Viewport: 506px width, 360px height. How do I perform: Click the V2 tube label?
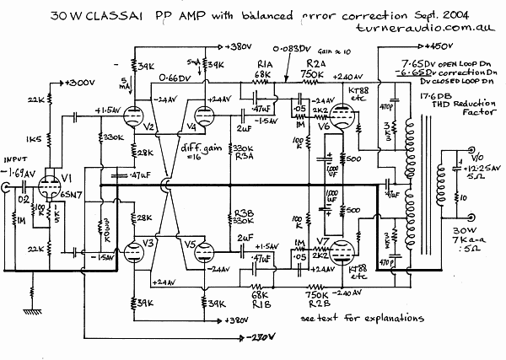coord(148,128)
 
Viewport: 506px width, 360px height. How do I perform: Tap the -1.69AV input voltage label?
coord(20,172)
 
